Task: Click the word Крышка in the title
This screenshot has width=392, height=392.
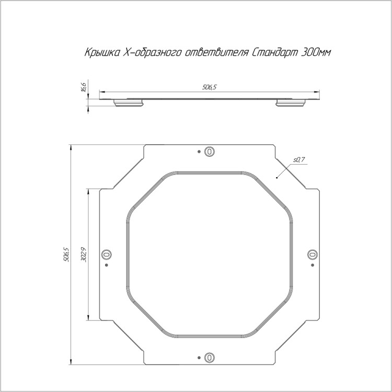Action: (102, 52)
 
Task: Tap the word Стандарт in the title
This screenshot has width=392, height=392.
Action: (275, 52)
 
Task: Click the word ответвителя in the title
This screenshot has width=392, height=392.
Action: (216, 52)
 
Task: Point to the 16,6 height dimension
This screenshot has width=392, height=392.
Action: (84, 87)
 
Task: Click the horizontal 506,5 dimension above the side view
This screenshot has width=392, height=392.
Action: (209, 87)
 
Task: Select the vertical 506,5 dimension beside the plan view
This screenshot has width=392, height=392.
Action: (66, 254)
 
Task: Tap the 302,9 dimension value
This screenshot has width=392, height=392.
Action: (84, 254)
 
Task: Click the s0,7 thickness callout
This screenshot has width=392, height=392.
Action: (299, 159)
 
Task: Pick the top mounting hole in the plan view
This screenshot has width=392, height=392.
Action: (210, 152)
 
